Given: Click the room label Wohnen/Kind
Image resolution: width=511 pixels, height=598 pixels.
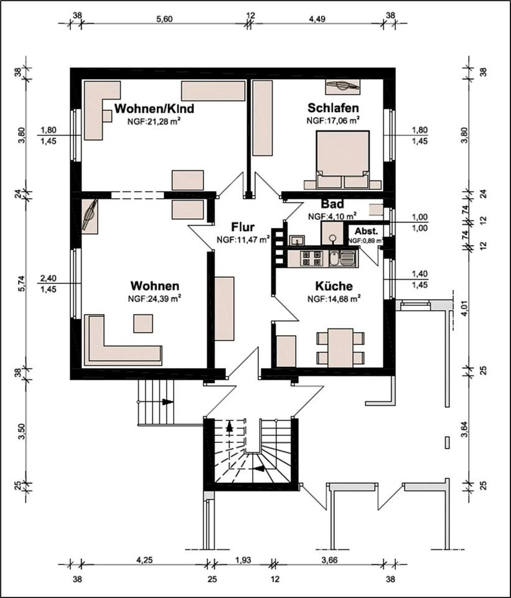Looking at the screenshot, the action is click(x=154, y=108).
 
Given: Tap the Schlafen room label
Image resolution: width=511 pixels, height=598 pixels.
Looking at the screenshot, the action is click(x=333, y=108).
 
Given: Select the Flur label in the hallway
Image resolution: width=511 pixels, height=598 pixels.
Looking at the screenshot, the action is click(x=243, y=227).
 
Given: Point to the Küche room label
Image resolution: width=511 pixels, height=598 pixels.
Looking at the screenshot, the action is click(x=334, y=286).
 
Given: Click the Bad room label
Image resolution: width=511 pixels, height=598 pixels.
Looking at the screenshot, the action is click(x=332, y=204).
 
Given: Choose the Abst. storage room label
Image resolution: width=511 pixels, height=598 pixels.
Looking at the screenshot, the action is click(x=366, y=231).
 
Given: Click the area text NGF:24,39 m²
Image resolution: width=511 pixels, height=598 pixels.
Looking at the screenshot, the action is click(x=154, y=298).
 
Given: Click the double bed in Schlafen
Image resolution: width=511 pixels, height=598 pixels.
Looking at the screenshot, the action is click(x=342, y=159).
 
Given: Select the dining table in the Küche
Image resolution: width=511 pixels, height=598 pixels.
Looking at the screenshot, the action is click(x=340, y=348).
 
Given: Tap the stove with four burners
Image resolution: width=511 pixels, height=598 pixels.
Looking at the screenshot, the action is click(x=312, y=258).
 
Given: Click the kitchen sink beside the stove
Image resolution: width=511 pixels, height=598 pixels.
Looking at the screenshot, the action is click(x=342, y=258).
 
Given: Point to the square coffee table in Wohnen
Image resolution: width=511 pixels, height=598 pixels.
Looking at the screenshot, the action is click(x=143, y=323).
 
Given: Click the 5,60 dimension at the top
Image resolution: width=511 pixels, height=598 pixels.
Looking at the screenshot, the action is click(x=164, y=19).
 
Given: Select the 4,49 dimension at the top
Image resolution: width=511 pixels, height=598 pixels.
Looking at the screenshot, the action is click(x=317, y=19).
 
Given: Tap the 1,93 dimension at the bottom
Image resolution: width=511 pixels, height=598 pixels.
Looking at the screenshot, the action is click(x=243, y=560).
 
